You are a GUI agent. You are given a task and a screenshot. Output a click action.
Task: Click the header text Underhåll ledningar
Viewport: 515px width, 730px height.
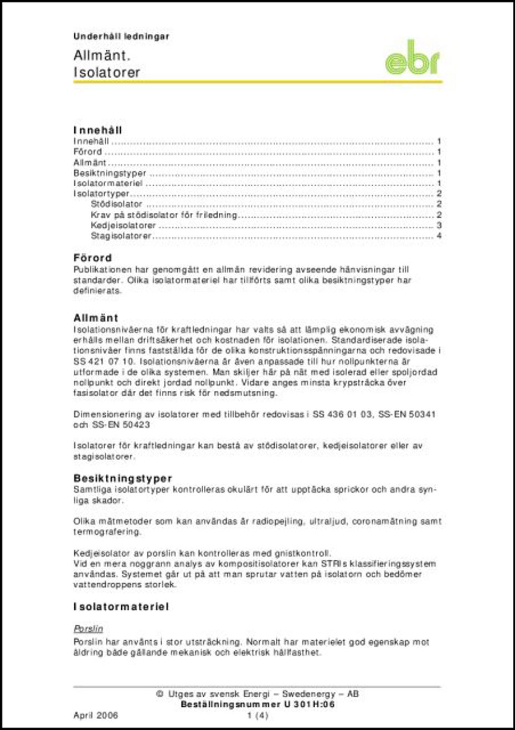coord(121,37)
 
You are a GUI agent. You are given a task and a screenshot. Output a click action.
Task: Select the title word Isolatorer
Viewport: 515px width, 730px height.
coord(107,73)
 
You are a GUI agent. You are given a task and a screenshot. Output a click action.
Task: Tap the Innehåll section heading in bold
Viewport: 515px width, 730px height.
coord(98,130)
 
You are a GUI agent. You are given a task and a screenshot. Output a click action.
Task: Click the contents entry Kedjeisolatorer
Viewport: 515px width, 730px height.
coord(123,226)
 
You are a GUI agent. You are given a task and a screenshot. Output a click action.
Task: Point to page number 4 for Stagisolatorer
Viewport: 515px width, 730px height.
coord(439,236)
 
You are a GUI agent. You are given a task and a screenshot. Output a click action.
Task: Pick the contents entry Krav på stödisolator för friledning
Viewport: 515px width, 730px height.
coord(164,215)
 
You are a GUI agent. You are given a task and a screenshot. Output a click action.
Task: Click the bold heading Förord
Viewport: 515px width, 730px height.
coord(93,258)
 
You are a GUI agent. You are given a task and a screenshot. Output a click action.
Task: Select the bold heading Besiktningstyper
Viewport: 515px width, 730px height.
coord(123,478)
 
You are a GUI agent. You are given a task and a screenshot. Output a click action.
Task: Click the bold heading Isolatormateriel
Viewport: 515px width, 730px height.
coord(121,607)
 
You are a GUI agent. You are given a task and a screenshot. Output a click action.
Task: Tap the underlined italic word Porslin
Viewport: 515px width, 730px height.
coord(89,629)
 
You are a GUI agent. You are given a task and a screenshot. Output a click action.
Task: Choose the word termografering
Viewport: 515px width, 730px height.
coord(107,532)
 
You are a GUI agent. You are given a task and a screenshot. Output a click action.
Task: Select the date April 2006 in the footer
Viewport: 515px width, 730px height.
coord(96,716)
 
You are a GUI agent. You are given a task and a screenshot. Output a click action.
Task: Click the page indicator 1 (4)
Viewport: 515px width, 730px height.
coord(257,716)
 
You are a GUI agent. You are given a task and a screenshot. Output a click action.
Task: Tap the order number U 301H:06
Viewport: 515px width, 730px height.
coord(307,705)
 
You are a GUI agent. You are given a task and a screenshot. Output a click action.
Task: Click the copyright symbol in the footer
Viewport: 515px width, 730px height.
coord(159,694)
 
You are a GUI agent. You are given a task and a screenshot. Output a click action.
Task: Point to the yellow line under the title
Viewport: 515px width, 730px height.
coord(257,82)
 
